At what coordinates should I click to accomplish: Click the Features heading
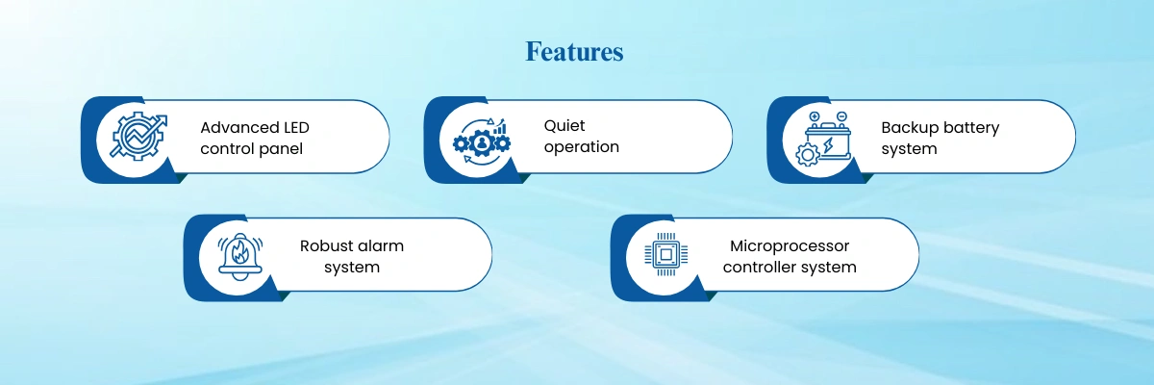coord(574,52)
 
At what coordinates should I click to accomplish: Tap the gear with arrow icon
coord(139,137)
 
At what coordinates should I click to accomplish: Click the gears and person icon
coord(482,141)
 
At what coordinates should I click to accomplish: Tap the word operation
coord(581,147)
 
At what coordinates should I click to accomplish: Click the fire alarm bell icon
coord(240,256)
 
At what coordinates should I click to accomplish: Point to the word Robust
coord(327,245)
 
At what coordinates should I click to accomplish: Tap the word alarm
coord(382,245)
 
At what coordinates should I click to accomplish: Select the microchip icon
coord(665,254)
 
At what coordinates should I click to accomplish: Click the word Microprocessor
coord(790,246)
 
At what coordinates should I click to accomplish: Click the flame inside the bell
coord(239,252)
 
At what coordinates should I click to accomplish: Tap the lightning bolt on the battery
coord(828,145)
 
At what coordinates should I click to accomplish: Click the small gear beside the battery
coord(807,155)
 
